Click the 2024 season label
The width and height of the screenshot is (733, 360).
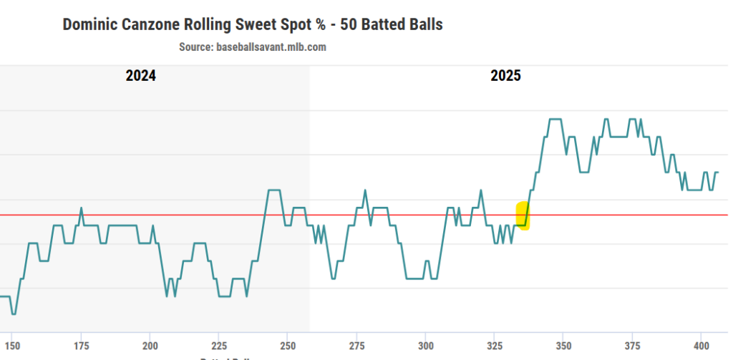tap(140, 76)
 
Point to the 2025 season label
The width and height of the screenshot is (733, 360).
tap(505, 76)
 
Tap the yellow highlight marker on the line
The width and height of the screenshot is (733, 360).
tap(523, 215)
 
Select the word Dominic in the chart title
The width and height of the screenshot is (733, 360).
tap(87, 24)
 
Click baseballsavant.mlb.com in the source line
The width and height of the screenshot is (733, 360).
tap(271, 47)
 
